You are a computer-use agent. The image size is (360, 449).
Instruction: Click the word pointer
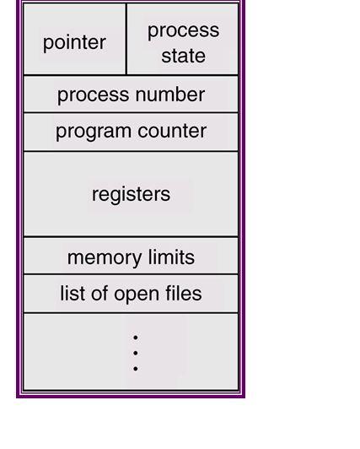click(x=75, y=43)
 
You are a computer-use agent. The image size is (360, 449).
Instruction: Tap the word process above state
click(x=183, y=30)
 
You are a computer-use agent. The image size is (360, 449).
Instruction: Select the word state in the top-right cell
click(x=183, y=56)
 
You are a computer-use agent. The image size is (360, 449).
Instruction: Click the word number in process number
click(x=170, y=95)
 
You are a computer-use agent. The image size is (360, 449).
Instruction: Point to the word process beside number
click(x=94, y=95)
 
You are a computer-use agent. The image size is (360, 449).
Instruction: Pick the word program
click(x=94, y=132)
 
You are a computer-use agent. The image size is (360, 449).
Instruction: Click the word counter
click(x=172, y=131)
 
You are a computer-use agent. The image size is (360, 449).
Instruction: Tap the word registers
click(x=131, y=195)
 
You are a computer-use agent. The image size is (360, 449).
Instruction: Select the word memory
click(x=105, y=258)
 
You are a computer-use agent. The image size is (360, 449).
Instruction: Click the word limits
click(x=171, y=257)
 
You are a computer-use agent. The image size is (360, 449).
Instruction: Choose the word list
click(x=73, y=293)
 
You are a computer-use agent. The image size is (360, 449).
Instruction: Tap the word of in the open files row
click(x=99, y=293)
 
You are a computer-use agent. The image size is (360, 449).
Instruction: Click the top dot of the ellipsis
click(x=136, y=338)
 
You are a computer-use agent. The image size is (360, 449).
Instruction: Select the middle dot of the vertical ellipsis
click(x=136, y=353)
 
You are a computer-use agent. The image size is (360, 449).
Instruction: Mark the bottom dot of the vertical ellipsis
click(x=136, y=369)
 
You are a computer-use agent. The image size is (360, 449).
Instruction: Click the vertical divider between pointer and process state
click(x=126, y=39)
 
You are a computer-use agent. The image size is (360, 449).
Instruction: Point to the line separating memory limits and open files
click(x=131, y=274)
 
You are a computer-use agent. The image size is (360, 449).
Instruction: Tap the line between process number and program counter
click(x=131, y=113)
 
